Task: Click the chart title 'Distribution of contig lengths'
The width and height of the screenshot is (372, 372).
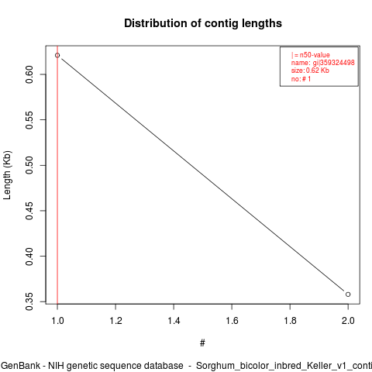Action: pos(203,23)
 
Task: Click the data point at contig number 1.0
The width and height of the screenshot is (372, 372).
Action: pos(57,55)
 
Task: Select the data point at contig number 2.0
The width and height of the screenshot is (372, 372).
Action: pos(348,294)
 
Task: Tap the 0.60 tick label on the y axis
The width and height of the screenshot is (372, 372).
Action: pos(29,74)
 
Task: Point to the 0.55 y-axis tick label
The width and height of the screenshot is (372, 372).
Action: pos(29,120)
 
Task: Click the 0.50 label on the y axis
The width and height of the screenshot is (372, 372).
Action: pos(29,165)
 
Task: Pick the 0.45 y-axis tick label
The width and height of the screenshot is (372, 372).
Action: pos(29,211)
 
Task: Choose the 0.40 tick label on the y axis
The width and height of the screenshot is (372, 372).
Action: pos(29,257)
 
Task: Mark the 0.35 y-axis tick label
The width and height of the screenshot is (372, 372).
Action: pos(29,301)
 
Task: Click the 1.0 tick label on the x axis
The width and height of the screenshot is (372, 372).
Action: pos(57,321)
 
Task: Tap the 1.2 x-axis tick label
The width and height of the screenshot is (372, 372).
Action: pos(115,321)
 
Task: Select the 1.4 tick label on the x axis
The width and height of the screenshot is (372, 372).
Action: pos(174,321)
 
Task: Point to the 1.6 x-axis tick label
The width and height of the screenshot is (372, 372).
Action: pos(232,321)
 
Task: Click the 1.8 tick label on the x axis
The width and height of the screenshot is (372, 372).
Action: pos(290,321)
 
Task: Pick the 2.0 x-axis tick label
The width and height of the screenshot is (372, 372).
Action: pos(348,321)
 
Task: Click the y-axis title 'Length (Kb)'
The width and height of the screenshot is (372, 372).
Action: pos(7,175)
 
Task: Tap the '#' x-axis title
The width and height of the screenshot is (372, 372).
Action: pos(202,343)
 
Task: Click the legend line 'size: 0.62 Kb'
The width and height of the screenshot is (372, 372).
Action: pos(310,71)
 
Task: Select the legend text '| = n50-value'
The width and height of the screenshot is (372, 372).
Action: pos(310,55)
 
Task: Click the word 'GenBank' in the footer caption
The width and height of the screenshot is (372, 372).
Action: pos(21,366)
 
